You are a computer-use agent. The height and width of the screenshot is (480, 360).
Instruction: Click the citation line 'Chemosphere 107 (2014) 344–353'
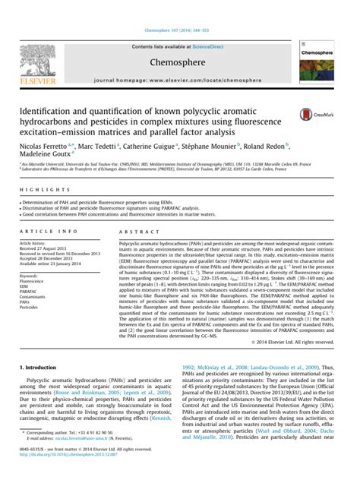(x=179, y=32)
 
